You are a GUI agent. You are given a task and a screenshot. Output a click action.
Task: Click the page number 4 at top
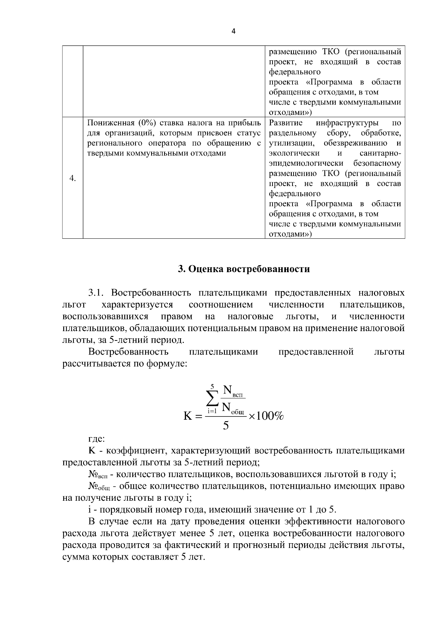coord(233,31)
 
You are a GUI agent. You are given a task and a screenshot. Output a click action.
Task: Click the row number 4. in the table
coord(73,178)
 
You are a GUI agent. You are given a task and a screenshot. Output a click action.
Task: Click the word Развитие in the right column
coord(286,122)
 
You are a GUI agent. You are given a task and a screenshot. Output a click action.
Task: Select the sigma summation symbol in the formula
coord(213,399)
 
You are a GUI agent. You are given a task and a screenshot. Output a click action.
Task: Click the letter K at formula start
coord(188,416)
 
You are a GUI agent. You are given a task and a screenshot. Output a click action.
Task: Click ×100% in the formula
coord(266,416)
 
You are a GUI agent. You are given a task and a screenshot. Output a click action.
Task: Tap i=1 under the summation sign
coord(212,411)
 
